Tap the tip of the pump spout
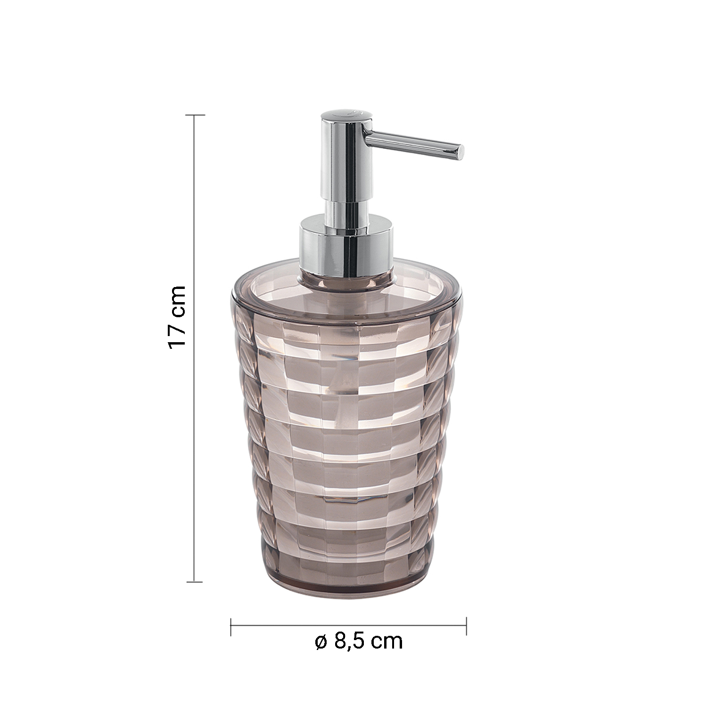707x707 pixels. [462, 150]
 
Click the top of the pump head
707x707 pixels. [344, 115]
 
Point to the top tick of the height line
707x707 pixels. [196, 115]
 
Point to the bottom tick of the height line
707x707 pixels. [195, 582]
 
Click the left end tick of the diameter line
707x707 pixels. [230, 626]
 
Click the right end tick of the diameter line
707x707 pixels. [466, 626]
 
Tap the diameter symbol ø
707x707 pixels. [321, 641]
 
